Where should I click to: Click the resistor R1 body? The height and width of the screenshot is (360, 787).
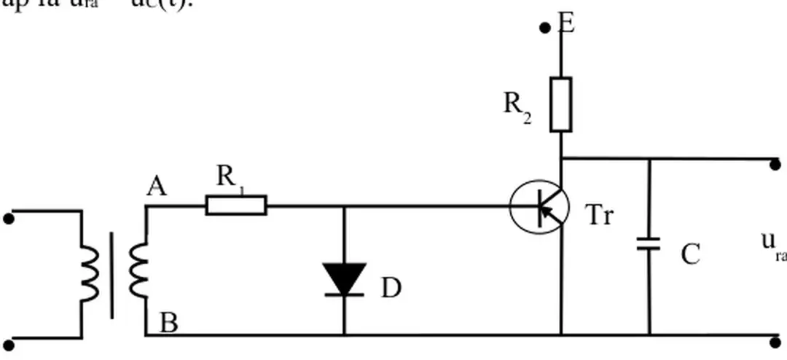tap(236, 206)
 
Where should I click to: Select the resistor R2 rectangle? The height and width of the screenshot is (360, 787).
tap(560, 103)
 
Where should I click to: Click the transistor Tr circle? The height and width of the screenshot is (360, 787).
tap(539, 206)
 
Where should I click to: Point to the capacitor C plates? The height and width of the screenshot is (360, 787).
tap(648, 244)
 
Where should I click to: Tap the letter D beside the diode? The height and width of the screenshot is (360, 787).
tap(391, 289)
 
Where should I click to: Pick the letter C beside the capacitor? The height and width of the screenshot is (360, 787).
tap(690, 254)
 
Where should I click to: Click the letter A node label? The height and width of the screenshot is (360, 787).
tap(156, 188)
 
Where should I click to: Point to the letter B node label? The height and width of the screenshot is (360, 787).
tap(168, 321)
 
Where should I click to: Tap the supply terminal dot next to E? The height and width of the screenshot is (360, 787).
tap(544, 28)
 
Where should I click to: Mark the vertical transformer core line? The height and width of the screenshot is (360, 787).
tap(111, 275)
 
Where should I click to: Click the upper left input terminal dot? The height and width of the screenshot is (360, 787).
tap(9, 217)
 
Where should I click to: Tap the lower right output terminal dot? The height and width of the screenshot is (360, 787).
tap(775, 340)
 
